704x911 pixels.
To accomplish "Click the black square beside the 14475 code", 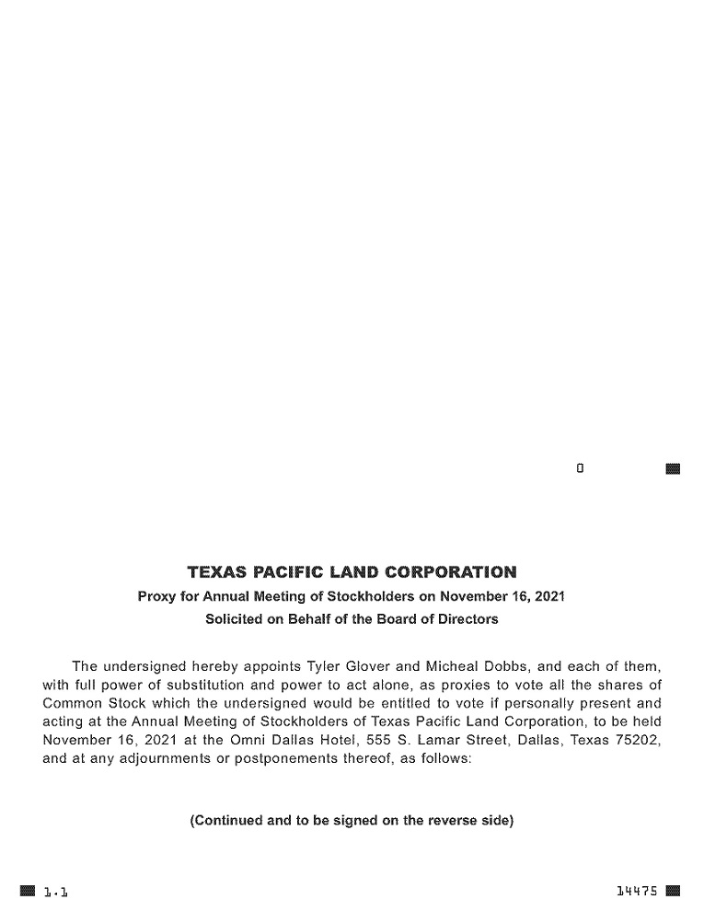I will point(673,891).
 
